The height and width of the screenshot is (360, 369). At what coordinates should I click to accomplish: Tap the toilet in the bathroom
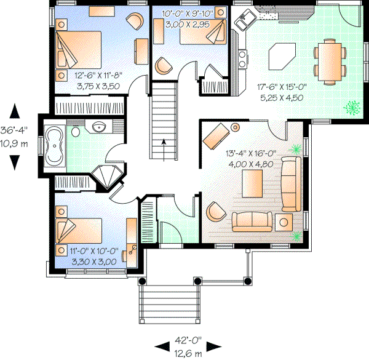(x=76, y=131)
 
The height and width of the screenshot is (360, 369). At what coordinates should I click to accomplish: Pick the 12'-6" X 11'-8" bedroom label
(x=98, y=75)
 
